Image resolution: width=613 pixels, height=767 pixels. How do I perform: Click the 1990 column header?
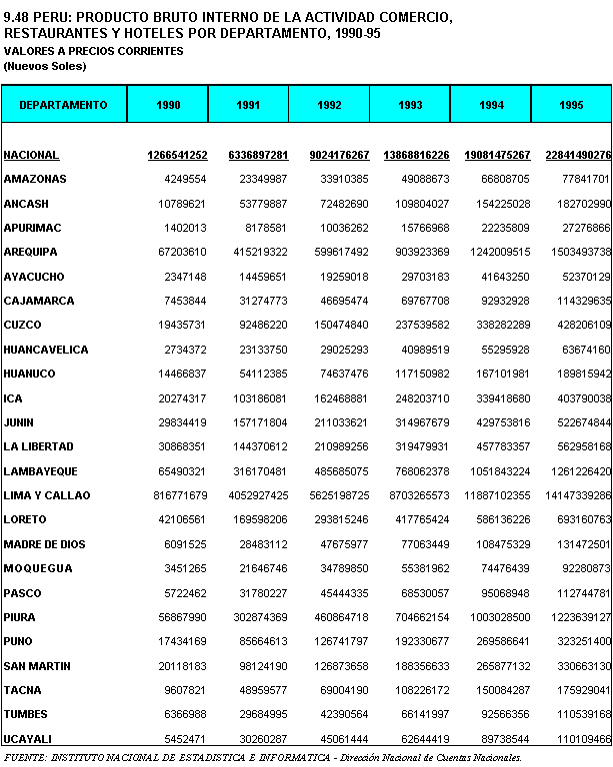point(168,105)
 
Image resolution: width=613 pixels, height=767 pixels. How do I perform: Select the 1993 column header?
point(410,105)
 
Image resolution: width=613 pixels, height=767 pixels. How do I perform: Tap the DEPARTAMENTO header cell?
point(63,105)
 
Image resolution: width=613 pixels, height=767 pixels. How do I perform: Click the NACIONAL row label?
point(31,155)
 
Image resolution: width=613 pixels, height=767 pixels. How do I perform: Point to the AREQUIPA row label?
point(31,252)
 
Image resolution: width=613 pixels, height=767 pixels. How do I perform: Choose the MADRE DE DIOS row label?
point(45,544)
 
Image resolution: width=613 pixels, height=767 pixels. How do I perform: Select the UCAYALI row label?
point(28,739)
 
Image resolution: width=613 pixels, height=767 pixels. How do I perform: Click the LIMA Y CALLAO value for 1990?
point(179,495)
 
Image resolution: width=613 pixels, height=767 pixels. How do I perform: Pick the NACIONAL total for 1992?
point(330,155)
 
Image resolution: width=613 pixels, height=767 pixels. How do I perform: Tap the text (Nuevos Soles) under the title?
point(45,66)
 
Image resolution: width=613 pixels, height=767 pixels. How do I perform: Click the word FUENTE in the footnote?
point(26,758)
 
